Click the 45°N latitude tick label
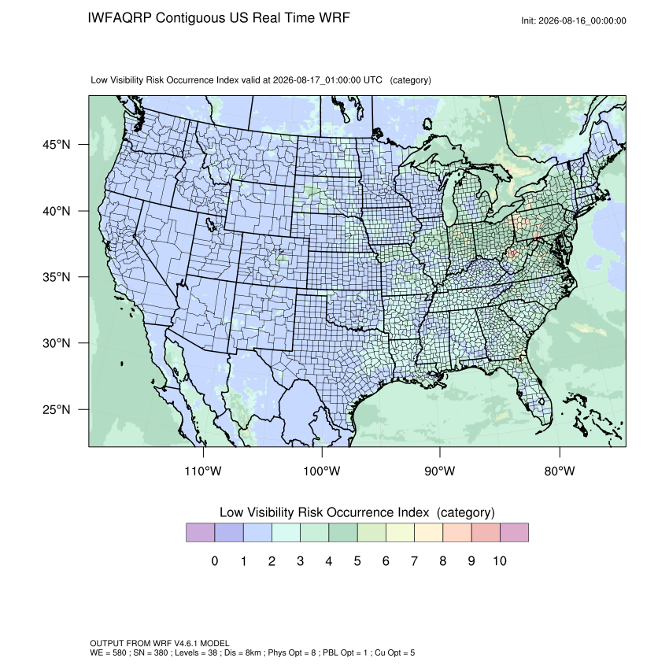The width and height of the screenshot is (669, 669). coord(57,145)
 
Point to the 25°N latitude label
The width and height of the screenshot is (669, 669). coord(57,409)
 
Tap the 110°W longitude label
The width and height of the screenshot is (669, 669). coord(203,471)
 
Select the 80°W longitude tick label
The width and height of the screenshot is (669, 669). coord(560,471)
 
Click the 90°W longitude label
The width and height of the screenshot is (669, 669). coord(439,471)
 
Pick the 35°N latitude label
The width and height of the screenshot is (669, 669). coord(57,277)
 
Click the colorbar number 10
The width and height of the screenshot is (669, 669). coord(500,560)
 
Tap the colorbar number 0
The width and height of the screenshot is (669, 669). coord(215,560)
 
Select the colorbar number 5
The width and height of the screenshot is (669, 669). coord(357,560)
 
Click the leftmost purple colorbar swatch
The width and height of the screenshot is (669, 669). coord(200,533)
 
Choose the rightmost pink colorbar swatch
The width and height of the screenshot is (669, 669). coord(514,533)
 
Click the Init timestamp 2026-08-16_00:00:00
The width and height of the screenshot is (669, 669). coord(582,20)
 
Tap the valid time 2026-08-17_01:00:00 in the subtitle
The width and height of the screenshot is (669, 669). coord(316,80)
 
